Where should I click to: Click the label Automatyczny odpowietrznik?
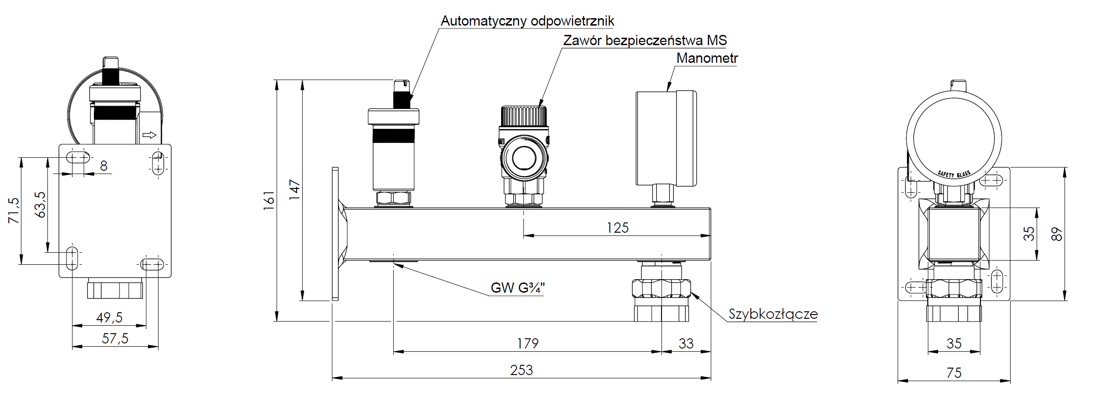(527, 21)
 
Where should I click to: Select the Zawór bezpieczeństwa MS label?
(645, 40)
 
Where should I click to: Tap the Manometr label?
(707, 58)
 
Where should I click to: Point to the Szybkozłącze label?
(773, 314)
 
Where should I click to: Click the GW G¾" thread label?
(517, 288)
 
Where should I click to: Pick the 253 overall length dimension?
(521, 370)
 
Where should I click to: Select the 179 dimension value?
(528, 343)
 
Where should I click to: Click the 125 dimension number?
(617, 228)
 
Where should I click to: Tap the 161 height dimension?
(269, 201)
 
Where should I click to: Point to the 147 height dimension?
(295, 189)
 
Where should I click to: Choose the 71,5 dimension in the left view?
(14, 210)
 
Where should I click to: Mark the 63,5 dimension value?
(40, 205)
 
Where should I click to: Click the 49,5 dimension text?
(109, 317)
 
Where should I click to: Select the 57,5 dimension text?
(115, 338)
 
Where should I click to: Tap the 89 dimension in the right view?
(1057, 234)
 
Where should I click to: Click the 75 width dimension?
(954, 373)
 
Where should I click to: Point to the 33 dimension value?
(686, 343)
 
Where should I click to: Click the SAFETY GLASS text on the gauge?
(953, 175)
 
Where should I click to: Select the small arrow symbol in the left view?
(149, 135)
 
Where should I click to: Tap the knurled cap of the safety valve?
(523, 115)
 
